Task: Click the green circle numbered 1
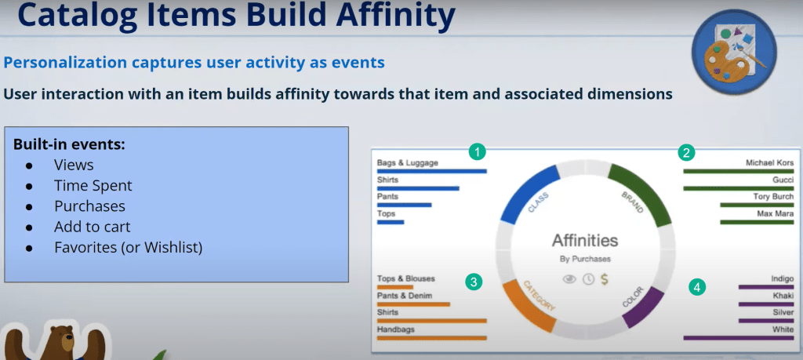(x=478, y=151)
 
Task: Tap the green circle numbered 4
(x=696, y=287)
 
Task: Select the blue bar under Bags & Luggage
(x=432, y=172)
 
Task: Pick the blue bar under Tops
(x=391, y=222)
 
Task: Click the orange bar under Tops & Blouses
(x=395, y=287)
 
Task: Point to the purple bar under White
(x=739, y=338)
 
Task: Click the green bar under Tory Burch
(x=757, y=205)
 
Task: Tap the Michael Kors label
(x=770, y=163)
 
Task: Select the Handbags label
(x=396, y=329)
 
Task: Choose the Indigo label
(x=782, y=279)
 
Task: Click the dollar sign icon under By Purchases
(x=605, y=279)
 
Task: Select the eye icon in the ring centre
(x=569, y=279)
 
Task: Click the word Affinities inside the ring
(x=585, y=240)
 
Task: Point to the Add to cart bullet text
(x=93, y=227)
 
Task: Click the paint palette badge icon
(x=733, y=52)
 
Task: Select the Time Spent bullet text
(x=93, y=186)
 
